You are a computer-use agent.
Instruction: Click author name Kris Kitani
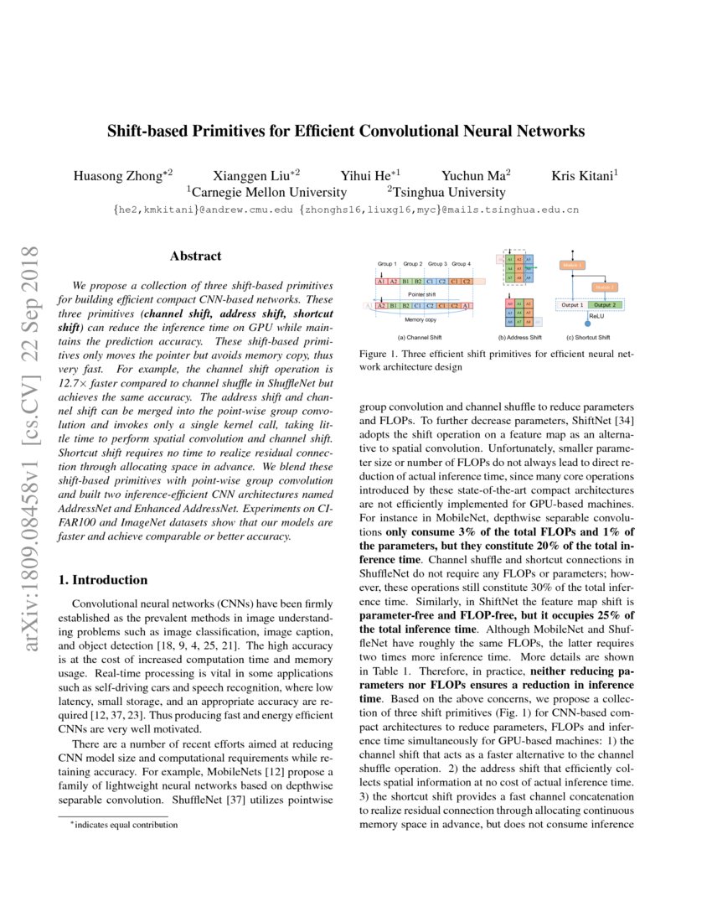pyautogui.click(x=585, y=176)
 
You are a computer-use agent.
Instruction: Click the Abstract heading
pyautogui.click(x=195, y=256)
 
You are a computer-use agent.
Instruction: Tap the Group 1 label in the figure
pyautogui.click(x=386, y=264)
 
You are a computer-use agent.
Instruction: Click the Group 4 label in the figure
pyautogui.click(x=462, y=264)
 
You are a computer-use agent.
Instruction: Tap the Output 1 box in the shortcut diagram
pyautogui.click(x=572, y=304)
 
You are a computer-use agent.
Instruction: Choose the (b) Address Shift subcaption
pyautogui.click(x=519, y=338)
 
